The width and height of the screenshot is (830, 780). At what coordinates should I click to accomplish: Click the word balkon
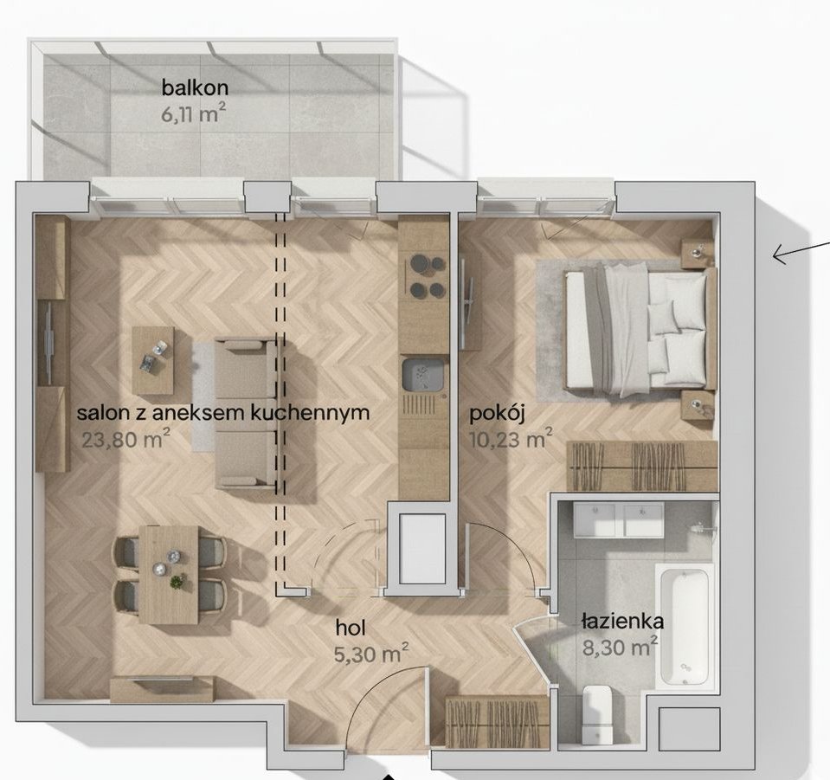pos(195,87)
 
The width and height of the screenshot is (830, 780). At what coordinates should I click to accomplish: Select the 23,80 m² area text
pos(126,438)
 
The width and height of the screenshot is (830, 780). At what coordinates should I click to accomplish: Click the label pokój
pos(497,416)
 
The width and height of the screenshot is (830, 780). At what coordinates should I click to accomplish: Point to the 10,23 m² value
pos(512,438)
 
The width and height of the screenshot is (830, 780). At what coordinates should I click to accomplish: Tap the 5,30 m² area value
pos(371,654)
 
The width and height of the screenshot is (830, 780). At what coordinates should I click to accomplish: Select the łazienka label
pos(622,621)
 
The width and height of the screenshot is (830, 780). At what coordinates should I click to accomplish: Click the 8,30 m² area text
pos(621,647)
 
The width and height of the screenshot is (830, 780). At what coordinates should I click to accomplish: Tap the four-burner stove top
pos(428,275)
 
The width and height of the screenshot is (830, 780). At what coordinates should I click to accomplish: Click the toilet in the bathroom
pos(597,714)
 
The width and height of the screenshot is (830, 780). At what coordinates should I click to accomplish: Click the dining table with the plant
pos(168,575)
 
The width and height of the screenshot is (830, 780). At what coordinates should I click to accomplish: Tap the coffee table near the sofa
pos(153,359)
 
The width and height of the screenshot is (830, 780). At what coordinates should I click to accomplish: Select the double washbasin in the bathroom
pos(618,519)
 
